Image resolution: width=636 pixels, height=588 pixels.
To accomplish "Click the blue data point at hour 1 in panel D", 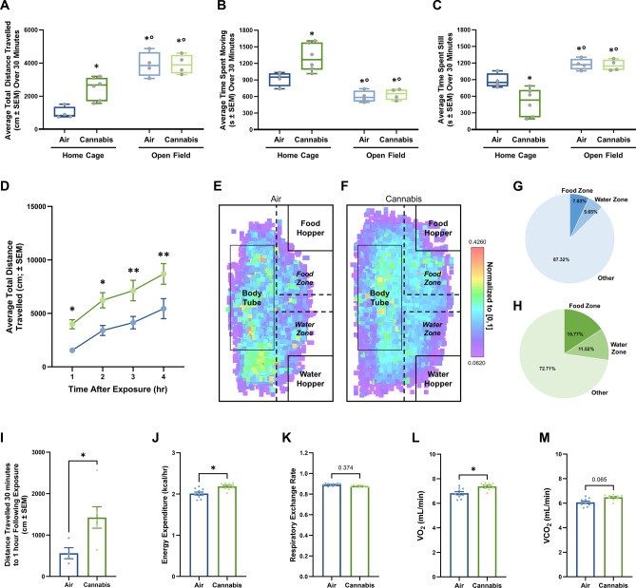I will coord(72,351).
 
